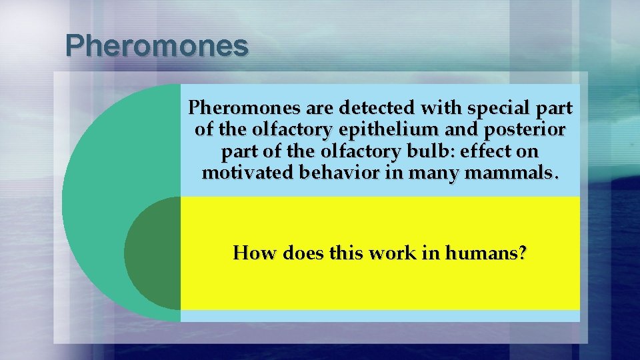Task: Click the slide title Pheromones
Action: (x=157, y=46)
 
